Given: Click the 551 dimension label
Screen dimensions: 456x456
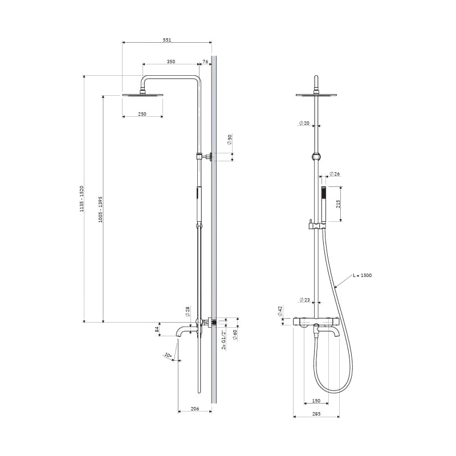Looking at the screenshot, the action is click(167, 40).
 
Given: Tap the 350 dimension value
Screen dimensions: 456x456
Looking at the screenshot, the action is click(171, 62).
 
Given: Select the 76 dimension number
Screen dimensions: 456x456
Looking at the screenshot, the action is click(205, 62).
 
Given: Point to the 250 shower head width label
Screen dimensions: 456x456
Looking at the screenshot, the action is click(142, 114).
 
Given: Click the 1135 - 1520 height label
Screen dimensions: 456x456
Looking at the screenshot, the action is click(82, 198).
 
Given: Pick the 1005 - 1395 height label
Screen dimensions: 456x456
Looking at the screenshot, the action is click(100, 209).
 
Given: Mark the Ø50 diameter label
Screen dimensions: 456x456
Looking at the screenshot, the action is click(230, 140).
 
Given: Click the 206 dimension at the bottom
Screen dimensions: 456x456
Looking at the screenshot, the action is click(195, 409).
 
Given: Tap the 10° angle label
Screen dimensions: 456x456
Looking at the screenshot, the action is click(168, 355).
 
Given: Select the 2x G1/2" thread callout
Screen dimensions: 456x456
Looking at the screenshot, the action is click(224, 340).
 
